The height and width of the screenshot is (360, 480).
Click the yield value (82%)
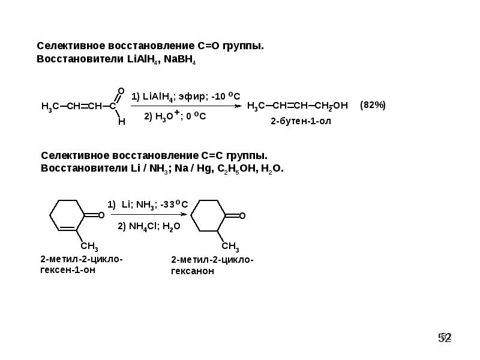point(373,106)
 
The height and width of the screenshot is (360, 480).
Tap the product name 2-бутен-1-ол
point(301,122)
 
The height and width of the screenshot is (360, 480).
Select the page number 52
point(445,338)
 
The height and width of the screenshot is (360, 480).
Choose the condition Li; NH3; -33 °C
point(155,205)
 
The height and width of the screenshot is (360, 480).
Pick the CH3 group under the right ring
point(230,247)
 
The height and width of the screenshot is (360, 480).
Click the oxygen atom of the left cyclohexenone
point(101,215)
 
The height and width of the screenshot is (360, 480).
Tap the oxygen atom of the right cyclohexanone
point(242,215)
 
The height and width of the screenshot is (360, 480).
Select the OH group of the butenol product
point(340,106)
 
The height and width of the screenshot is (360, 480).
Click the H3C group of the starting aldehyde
point(49,107)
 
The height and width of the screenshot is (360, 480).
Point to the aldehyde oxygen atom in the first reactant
point(121,91)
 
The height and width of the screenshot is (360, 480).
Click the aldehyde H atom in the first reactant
point(121,121)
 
